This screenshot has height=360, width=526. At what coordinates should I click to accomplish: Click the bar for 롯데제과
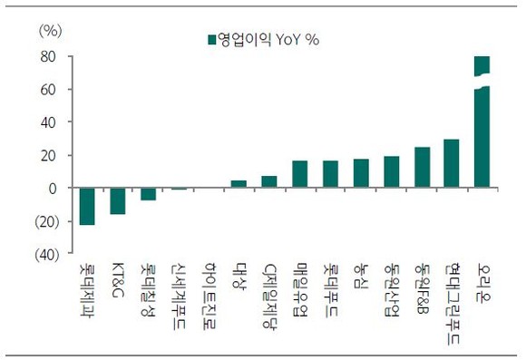[x=87, y=206]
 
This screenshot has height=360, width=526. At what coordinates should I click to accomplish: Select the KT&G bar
[x=117, y=201]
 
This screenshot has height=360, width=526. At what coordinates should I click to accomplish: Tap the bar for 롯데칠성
[x=148, y=194]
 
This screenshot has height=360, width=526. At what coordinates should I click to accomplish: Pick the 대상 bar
[x=239, y=184]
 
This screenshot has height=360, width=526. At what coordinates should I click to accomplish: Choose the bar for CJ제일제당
[x=269, y=181]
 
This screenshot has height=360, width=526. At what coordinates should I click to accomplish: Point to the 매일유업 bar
[x=300, y=174]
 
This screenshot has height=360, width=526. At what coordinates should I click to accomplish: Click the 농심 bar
[x=361, y=173]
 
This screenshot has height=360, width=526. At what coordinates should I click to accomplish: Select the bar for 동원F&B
[x=423, y=167]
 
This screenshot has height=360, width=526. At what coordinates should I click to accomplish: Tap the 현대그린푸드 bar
[x=452, y=163]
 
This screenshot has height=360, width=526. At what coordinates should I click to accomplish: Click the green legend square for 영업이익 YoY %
[x=211, y=40]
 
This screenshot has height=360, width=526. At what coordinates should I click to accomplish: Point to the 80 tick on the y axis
[x=48, y=57]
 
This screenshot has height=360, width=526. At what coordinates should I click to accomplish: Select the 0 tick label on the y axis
[x=52, y=189]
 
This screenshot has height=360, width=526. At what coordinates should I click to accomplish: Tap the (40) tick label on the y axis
[x=46, y=255]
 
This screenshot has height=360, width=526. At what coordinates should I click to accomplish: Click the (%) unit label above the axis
[x=51, y=31]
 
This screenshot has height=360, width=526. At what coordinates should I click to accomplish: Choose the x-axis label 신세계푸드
[x=178, y=296]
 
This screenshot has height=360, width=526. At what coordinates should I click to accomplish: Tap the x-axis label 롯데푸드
[x=330, y=289]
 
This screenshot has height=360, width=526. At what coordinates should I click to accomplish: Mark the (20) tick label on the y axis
[x=46, y=222]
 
